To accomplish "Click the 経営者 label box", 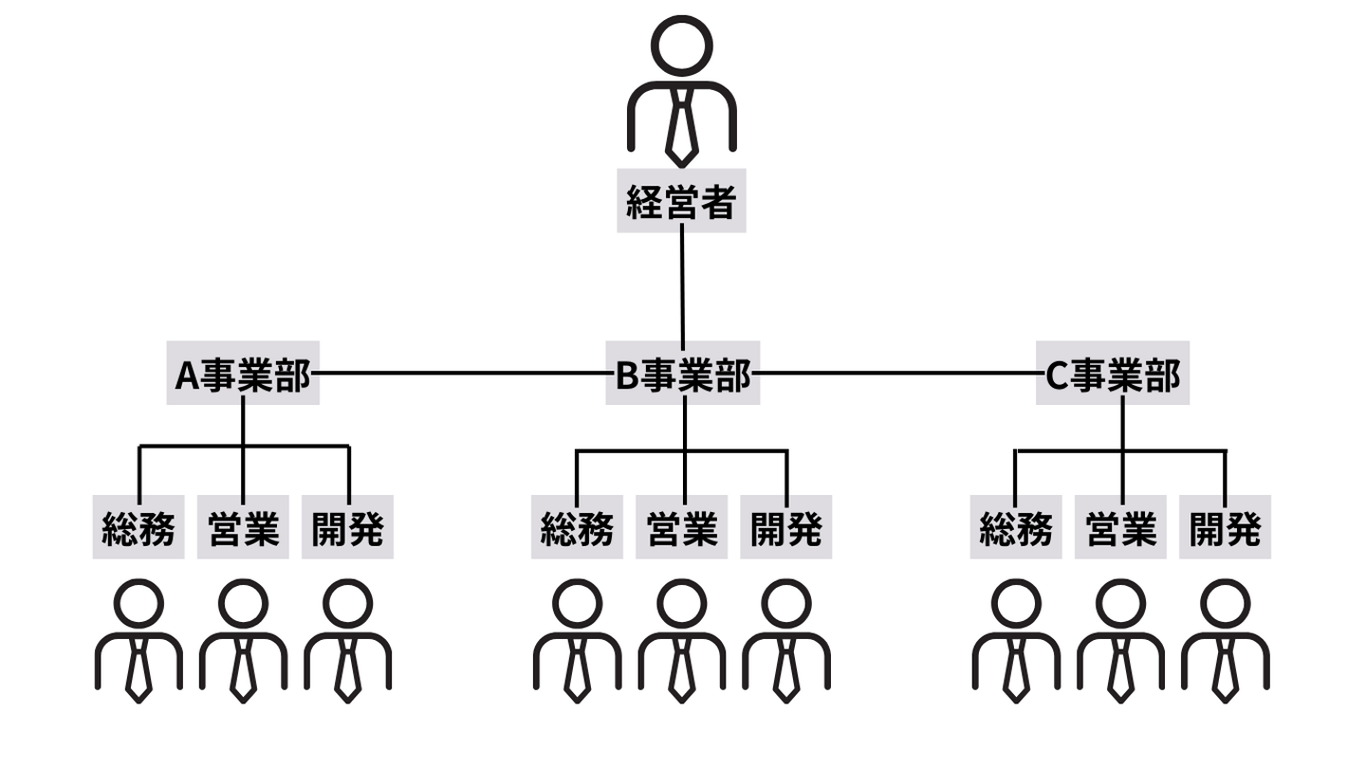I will click(681, 200).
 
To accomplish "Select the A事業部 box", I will click(243, 374).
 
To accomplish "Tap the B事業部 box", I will click(683, 374).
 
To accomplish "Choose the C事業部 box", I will click(1112, 374).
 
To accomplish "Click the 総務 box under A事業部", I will click(138, 527).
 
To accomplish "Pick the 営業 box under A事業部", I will click(244, 527).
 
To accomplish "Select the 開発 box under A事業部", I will click(347, 527).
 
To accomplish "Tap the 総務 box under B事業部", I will click(577, 527).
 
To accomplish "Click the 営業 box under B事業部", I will click(682, 527).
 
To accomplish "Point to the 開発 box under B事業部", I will click(785, 527).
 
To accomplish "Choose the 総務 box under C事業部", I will click(1016, 527).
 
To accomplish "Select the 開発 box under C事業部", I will click(1225, 527).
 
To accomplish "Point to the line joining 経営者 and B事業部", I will click(682, 284).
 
